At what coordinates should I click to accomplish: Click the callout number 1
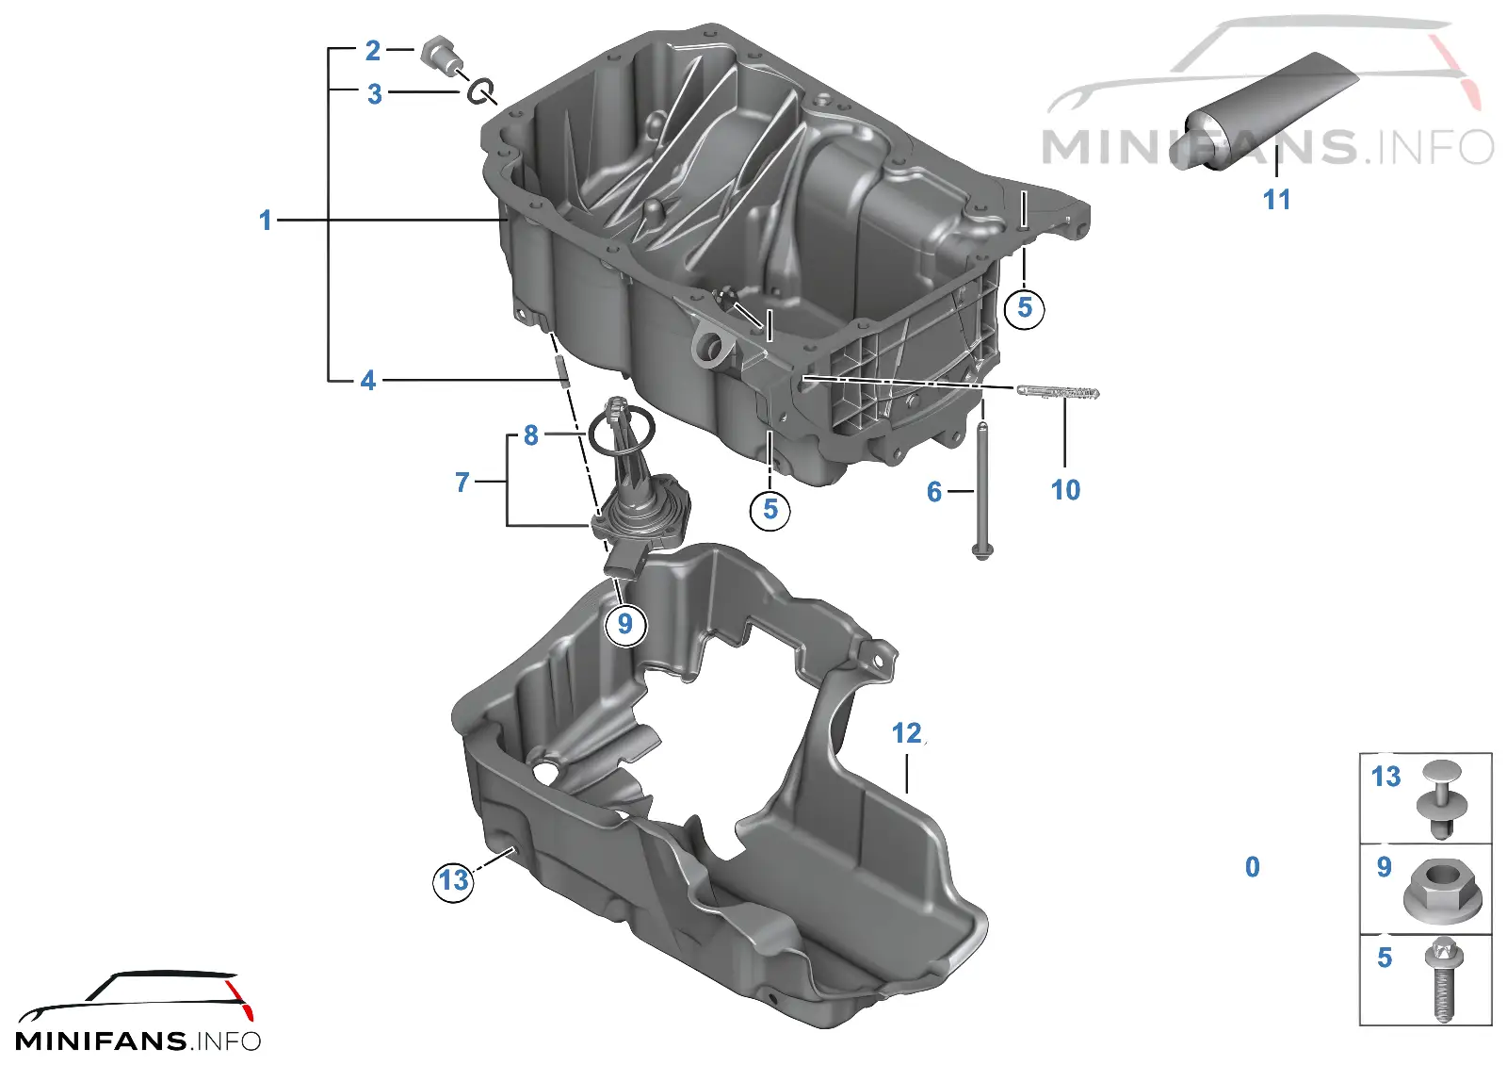(x=266, y=221)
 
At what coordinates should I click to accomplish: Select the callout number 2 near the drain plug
(x=373, y=51)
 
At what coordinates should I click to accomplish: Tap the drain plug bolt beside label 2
(x=440, y=56)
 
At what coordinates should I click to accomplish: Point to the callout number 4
(x=367, y=381)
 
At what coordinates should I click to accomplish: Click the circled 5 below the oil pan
(x=770, y=510)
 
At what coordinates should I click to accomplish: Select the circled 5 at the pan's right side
(x=1024, y=308)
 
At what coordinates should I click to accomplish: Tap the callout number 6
(x=933, y=491)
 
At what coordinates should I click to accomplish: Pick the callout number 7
(x=462, y=482)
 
